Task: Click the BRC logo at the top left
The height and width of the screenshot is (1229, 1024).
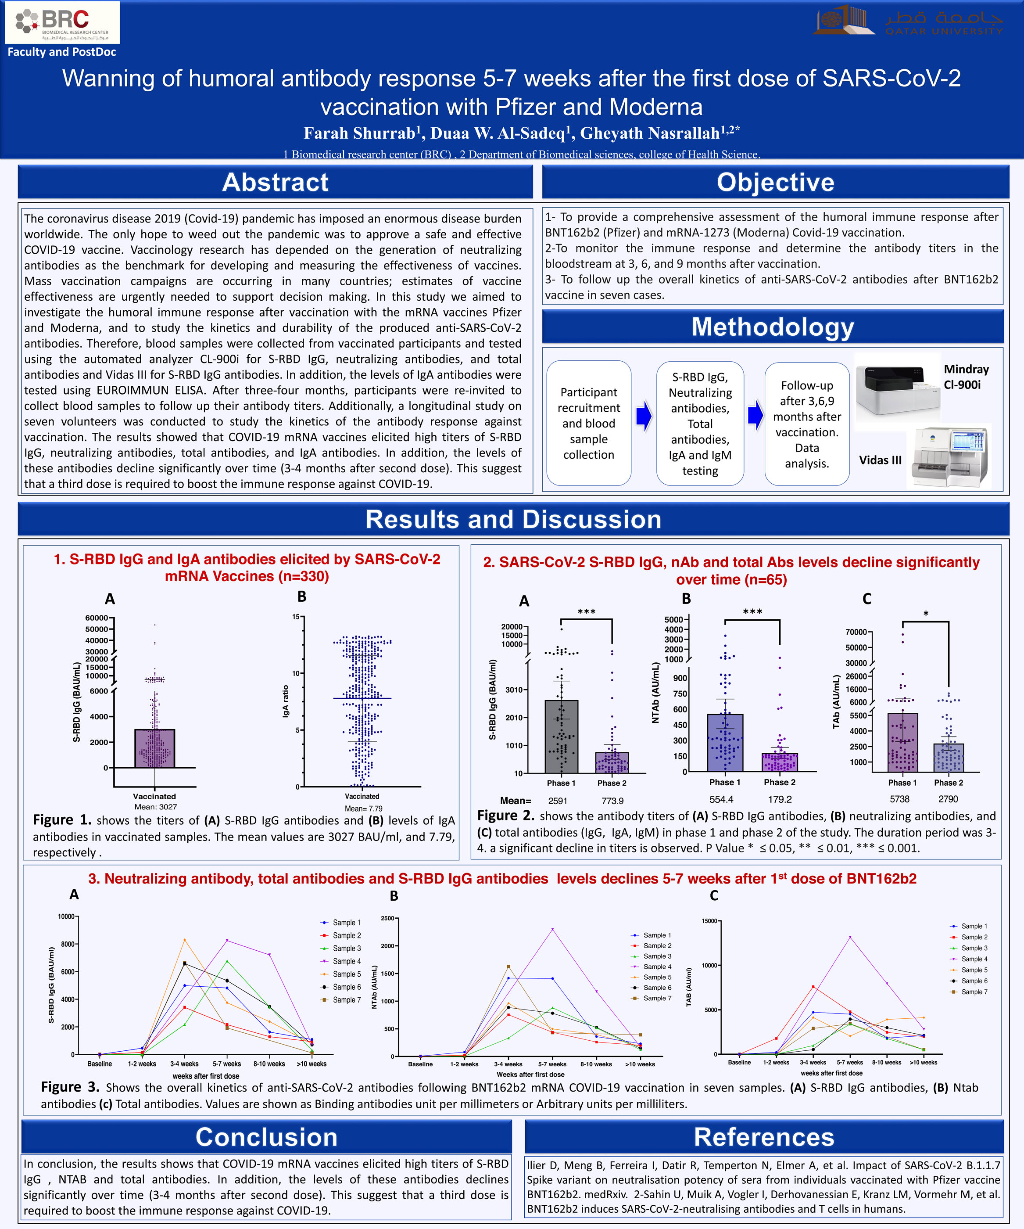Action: point(62,22)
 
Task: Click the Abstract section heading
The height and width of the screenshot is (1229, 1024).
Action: point(275,182)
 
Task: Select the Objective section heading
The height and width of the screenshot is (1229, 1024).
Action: point(775,182)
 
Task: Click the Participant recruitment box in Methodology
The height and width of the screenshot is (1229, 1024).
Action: point(589,423)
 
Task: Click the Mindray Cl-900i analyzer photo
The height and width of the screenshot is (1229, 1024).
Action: point(897,386)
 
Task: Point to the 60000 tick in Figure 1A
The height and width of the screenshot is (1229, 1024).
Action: point(97,618)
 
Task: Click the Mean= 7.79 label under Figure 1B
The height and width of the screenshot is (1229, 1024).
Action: point(363,808)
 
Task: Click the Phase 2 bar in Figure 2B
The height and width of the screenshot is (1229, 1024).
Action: point(780,762)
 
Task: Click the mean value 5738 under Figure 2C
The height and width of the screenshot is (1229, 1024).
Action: point(899,799)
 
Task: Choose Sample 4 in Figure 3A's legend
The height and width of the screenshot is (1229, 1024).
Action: point(347,961)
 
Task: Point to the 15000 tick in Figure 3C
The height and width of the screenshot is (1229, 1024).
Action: point(709,921)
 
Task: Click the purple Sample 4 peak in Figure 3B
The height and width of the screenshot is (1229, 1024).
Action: point(552,929)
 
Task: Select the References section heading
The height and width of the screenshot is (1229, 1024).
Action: point(763,1136)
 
